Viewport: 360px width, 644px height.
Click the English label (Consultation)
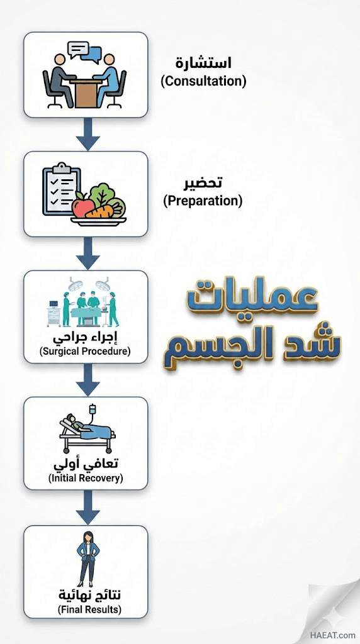(203, 81)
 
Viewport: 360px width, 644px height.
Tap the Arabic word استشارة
(203, 62)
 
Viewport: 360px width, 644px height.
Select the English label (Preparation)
(203, 201)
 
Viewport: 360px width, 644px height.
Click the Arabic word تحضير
(203, 182)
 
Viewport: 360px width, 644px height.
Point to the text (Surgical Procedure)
(85, 352)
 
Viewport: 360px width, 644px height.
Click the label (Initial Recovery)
(86, 479)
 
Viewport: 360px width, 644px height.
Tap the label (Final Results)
(89, 609)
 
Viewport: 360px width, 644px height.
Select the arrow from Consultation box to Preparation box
(87, 135)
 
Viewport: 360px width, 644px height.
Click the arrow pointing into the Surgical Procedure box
(87, 253)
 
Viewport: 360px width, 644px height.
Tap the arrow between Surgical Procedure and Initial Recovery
(87, 380)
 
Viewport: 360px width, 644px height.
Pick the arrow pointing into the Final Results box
(87, 508)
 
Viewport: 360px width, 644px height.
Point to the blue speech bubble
(93, 54)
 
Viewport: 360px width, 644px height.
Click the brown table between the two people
(86, 93)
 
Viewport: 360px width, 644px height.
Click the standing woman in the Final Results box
(86, 559)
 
